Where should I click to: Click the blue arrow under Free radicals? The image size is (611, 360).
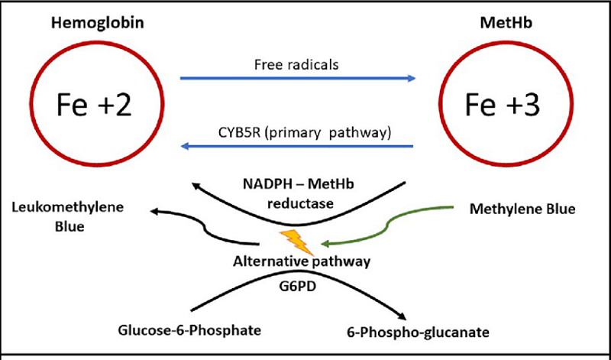[297, 78]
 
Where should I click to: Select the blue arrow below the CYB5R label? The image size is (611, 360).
[297, 146]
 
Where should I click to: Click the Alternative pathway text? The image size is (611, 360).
[302, 261]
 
